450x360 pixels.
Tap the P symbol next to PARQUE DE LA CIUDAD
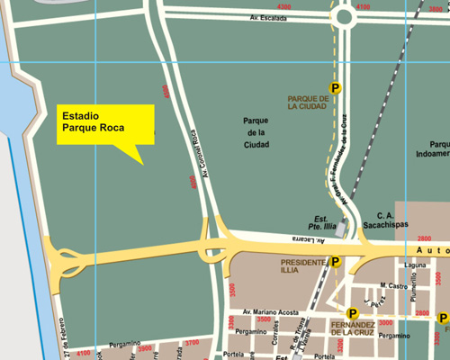pyautogui.click(x=335, y=87)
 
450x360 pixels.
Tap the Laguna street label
pyautogui.click(x=390, y=265)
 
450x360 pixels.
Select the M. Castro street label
pyautogui.click(x=394, y=286)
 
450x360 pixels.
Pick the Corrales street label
pyautogui.click(x=275, y=343)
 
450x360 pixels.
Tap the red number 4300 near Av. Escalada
pyautogui.click(x=285, y=7)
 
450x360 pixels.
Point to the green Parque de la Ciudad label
pyautogui.click(x=256, y=131)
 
